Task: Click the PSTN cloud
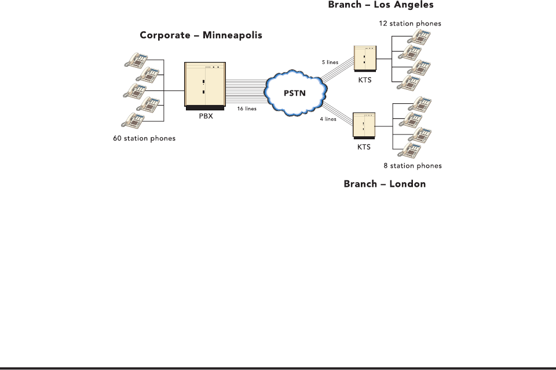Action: [295, 93]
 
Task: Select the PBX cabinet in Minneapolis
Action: [205, 86]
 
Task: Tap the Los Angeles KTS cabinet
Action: [365, 59]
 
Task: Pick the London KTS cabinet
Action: [364, 126]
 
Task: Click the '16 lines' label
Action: [247, 108]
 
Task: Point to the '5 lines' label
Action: [330, 62]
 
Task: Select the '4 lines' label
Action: [328, 119]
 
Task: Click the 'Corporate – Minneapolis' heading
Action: [201, 35]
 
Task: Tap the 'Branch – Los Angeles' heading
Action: [381, 5]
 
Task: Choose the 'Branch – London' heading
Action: [385, 184]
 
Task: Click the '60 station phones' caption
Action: [144, 139]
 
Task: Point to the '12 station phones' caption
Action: [410, 23]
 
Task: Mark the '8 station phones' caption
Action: [413, 166]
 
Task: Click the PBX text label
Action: [206, 116]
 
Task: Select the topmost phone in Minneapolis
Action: [136, 60]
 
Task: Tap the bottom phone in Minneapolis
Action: [133, 121]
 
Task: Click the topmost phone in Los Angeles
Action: [419, 37]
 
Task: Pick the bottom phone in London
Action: [409, 150]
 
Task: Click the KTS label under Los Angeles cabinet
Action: [365, 80]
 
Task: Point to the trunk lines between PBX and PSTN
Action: [246, 91]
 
